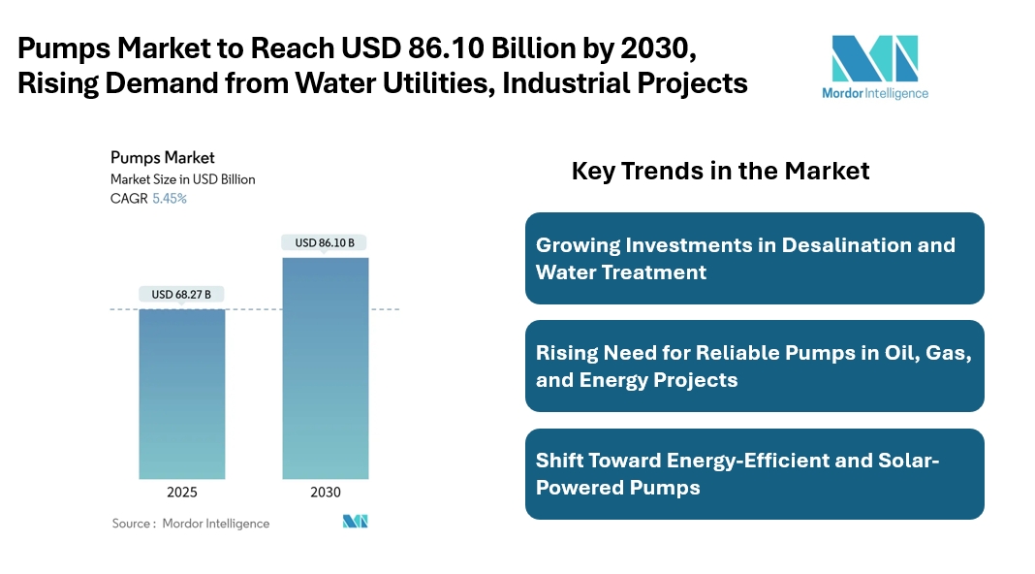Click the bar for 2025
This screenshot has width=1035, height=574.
pos(182,393)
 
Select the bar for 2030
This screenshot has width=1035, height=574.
pos(325,367)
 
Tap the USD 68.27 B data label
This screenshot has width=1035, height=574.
pos(181,294)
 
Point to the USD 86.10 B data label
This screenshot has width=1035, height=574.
pos(325,242)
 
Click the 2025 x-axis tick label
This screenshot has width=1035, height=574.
pos(182,493)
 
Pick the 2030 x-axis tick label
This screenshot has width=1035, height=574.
pos(326,493)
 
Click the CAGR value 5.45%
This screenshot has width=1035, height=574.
pos(170,199)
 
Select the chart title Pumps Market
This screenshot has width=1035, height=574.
pos(162,158)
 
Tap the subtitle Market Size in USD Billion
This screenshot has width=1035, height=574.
pos(182,179)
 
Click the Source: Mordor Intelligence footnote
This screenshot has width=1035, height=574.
pos(191,524)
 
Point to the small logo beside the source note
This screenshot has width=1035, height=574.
pos(356,522)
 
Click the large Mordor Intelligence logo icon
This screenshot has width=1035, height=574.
pos(874,59)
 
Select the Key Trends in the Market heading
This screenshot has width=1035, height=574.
pos(720,172)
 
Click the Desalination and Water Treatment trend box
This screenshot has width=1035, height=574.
pos(754,259)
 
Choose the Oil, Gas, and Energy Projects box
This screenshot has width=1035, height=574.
pos(754,367)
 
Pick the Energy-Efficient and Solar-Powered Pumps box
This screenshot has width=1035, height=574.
pos(754,474)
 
